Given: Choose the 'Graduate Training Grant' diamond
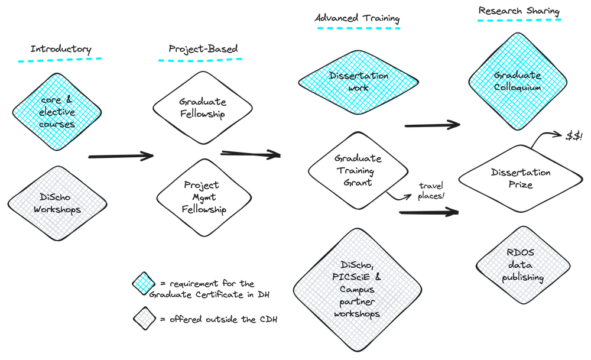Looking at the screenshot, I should coord(358,171).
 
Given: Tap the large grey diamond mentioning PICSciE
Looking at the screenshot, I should coord(354,281).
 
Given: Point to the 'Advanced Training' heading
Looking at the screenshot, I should coord(356,18).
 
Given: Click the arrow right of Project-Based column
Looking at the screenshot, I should coord(251,154).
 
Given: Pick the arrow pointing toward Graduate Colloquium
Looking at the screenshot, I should coord(431,125).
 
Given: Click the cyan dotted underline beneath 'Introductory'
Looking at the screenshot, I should coord(60,59).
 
